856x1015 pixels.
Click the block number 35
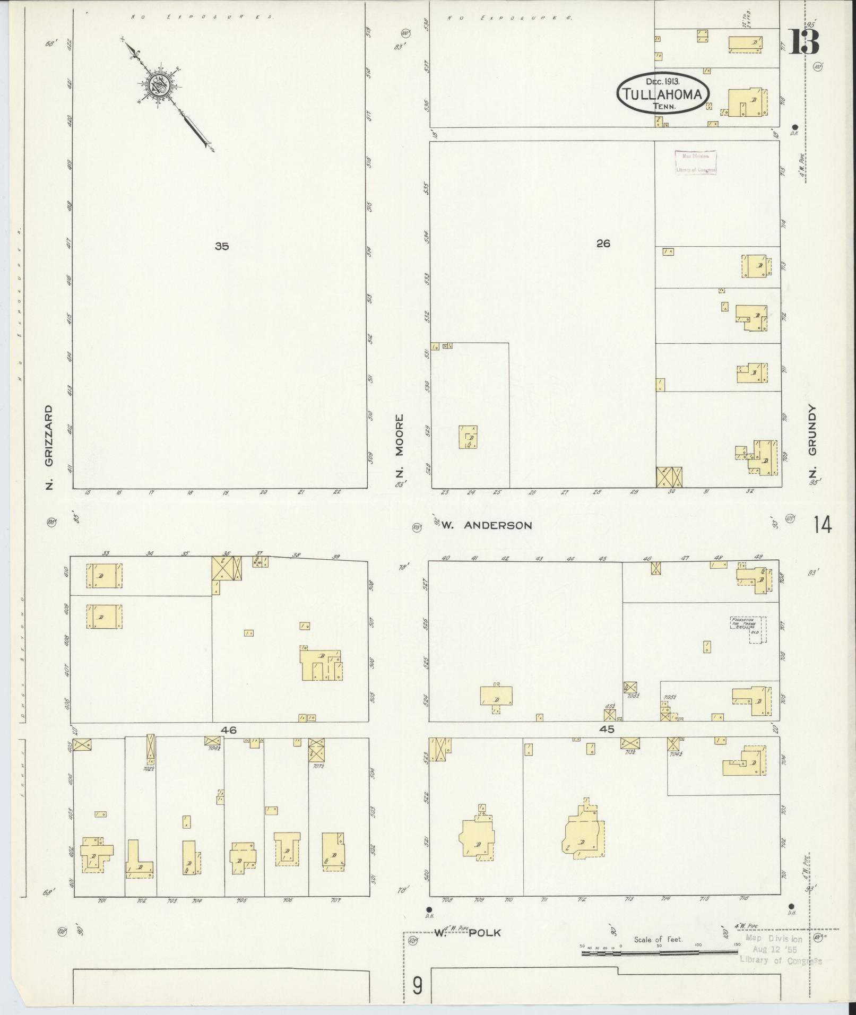(x=222, y=246)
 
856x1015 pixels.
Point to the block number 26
(x=603, y=244)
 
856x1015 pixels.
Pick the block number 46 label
(x=229, y=730)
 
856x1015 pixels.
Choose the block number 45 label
(x=606, y=730)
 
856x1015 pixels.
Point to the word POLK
(x=485, y=932)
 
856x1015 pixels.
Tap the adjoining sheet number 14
(x=822, y=525)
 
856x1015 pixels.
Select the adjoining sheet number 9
(x=418, y=986)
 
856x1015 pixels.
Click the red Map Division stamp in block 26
(x=695, y=162)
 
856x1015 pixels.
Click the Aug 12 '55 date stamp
(x=774, y=950)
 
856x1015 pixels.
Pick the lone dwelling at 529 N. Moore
(x=469, y=437)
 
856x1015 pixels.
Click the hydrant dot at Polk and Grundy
(x=791, y=906)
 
